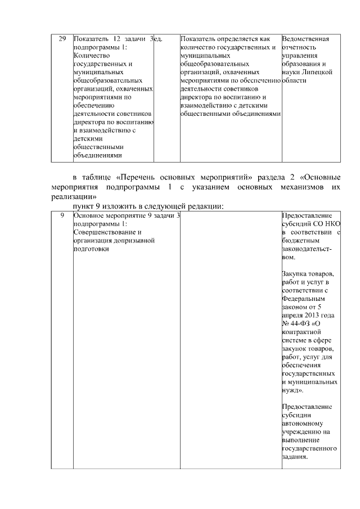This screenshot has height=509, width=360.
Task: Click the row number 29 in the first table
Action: pyautogui.click(x=62, y=39)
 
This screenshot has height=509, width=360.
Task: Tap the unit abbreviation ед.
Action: pyautogui.click(x=159, y=39)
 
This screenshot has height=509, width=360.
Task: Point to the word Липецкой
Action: pyautogui.click(x=319, y=73)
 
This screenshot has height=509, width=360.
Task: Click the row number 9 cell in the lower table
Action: pyautogui.click(x=62, y=215)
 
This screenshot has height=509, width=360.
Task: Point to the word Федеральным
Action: pyautogui.click(x=303, y=299)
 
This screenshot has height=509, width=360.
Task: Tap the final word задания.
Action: pyautogui.click(x=295, y=457)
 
